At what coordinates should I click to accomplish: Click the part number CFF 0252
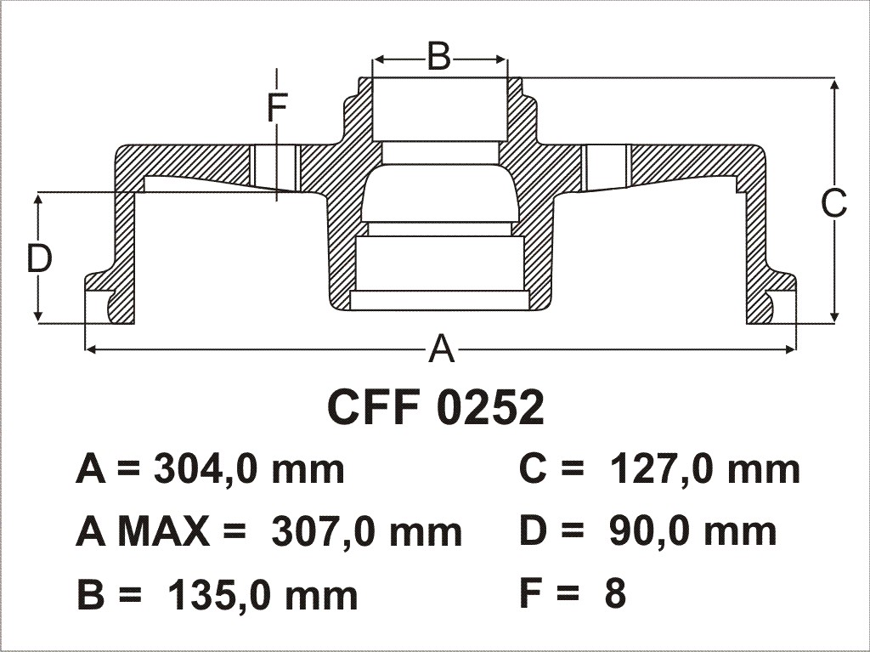pyautogui.click(x=436, y=407)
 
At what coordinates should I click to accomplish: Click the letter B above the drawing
pyautogui.click(x=439, y=57)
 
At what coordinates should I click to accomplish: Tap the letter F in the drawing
pyautogui.click(x=276, y=108)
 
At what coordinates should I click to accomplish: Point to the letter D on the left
pyautogui.click(x=39, y=258)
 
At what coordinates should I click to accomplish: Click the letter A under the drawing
pyautogui.click(x=442, y=349)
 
